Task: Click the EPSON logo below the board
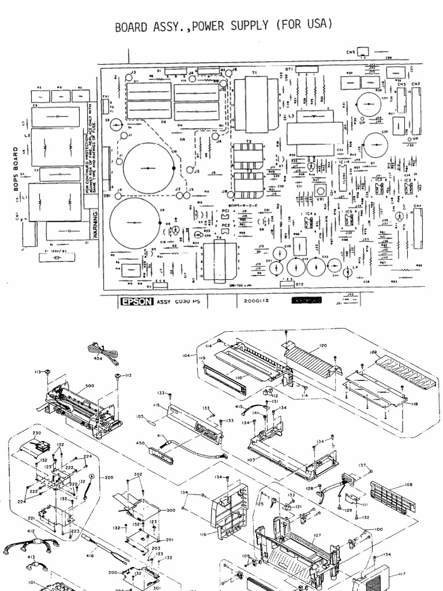coord(137,301)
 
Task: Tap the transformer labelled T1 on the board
coord(254,98)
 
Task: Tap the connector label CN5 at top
coord(351,53)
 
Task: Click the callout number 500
coord(89,386)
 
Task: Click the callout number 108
coord(408,485)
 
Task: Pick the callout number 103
coord(251,460)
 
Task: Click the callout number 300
coord(171,511)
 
